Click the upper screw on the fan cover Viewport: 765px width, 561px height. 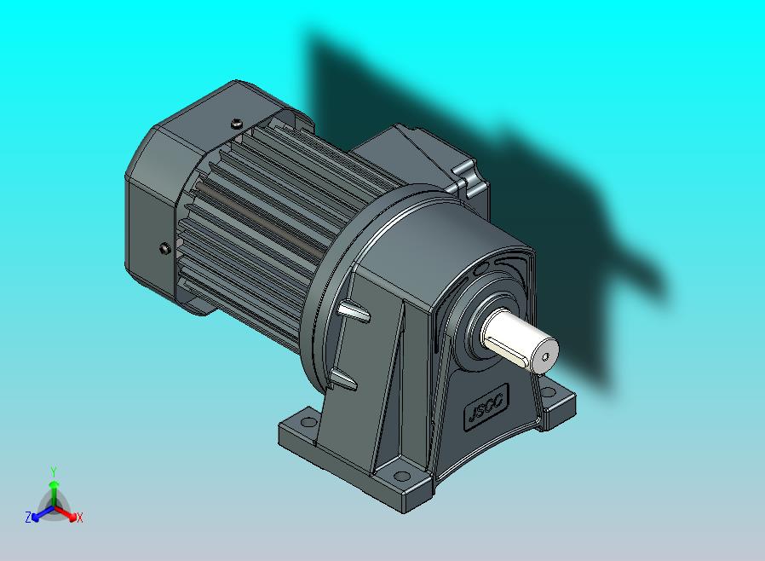[235, 124]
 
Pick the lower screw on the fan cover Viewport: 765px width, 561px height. [164, 248]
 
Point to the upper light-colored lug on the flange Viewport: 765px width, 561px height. [354, 312]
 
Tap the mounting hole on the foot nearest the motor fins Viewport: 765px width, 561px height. [301, 421]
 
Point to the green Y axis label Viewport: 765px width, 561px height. [53, 471]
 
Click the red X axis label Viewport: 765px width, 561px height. [79, 518]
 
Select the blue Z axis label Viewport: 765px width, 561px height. [28, 517]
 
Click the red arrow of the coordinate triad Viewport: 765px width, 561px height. [68, 513]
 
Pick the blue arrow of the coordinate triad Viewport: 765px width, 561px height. [39, 512]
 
